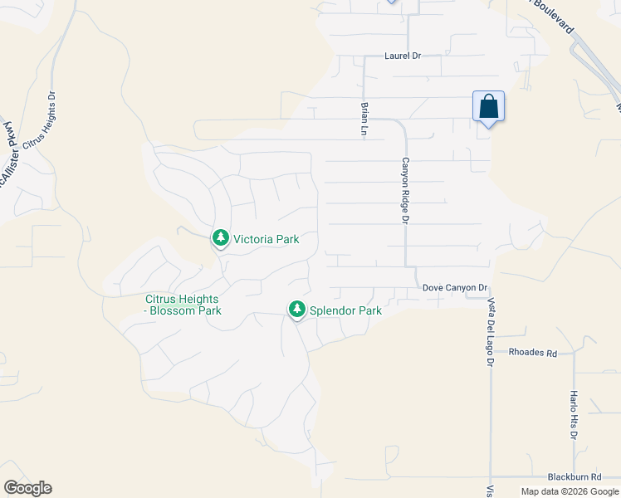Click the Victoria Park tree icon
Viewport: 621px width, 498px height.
[x=220, y=239]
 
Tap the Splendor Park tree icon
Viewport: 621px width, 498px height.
[x=296, y=310]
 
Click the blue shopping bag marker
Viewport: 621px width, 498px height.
[x=489, y=107]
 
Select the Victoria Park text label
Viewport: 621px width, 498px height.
[x=266, y=239]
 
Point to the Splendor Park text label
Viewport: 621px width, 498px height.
[x=345, y=311]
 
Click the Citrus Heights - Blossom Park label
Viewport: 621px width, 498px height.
[x=182, y=305]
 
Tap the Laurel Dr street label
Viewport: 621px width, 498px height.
[x=403, y=56]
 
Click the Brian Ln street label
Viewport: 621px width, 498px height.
[x=364, y=119]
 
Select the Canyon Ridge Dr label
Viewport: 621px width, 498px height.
[x=406, y=190]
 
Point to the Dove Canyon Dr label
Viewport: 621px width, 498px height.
[x=454, y=288]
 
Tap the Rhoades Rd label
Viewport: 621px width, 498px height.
[x=533, y=353]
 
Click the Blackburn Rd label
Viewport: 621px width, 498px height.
[x=574, y=477]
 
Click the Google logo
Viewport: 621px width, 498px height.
[x=27, y=488]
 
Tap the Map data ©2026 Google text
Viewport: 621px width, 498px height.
[x=570, y=491]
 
